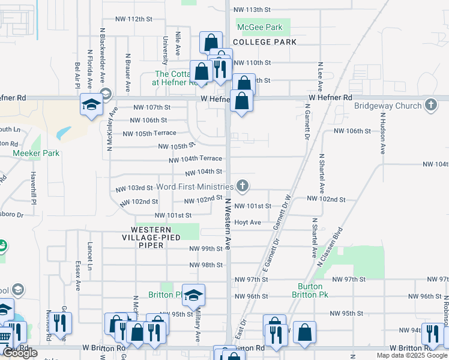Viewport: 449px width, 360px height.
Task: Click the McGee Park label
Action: [259, 28]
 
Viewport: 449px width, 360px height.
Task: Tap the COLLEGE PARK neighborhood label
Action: [265, 43]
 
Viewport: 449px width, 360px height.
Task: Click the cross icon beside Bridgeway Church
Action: [430, 106]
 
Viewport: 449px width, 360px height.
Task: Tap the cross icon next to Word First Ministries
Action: [243, 185]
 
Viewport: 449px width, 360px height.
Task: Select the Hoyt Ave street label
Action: [247, 222]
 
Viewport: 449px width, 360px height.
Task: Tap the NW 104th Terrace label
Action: [196, 160]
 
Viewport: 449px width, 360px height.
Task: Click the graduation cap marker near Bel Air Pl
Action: [91, 106]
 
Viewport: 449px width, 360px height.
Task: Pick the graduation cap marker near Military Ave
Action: [193, 295]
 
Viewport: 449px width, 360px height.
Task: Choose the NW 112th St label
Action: [133, 19]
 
